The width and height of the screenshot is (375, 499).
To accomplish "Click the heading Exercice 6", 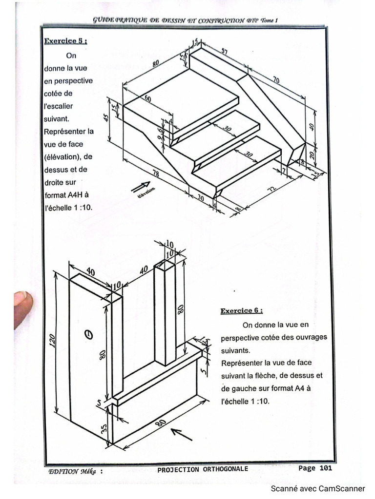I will (242, 310).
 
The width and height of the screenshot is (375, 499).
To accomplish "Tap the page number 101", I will (315, 468).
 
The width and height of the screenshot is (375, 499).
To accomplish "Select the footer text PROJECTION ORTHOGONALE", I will (203, 469).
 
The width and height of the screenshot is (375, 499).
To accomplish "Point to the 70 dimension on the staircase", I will (276, 80).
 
